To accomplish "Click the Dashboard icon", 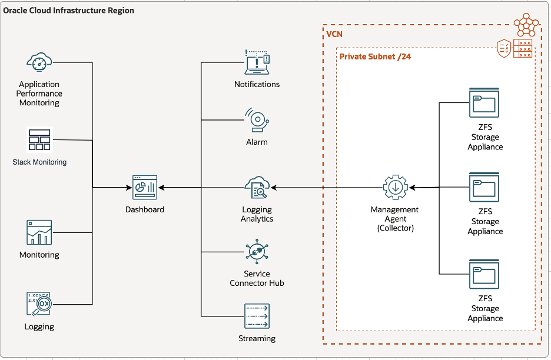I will click(x=145, y=187).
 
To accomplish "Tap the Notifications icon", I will click(x=257, y=62).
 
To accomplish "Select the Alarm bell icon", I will click(x=257, y=120).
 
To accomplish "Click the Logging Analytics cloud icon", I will click(x=257, y=187).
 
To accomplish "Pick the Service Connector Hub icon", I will click(x=257, y=252).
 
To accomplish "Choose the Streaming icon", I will click(x=257, y=316).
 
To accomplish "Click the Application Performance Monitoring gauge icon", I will click(x=39, y=61).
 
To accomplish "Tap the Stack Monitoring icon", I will click(x=39, y=140).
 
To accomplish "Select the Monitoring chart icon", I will click(x=39, y=232).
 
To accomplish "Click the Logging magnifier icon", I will click(x=39, y=304).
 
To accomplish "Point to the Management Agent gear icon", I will click(x=395, y=187).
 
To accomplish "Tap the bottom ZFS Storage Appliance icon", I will click(x=484, y=274).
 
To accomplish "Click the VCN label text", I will click(x=334, y=35).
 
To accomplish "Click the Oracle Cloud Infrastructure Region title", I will click(x=69, y=11).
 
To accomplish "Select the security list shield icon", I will click(x=504, y=47).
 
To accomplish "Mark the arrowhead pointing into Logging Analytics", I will click(x=274, y=188).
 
